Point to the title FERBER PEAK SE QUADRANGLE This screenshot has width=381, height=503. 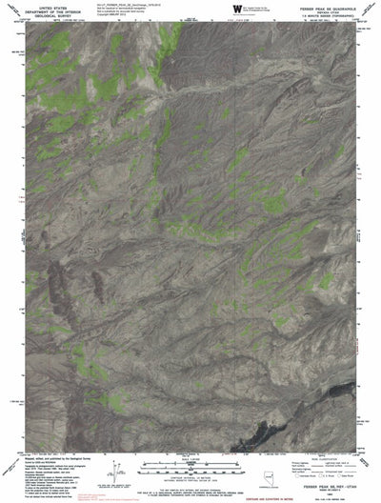pyautogui.click(x=321, y=7)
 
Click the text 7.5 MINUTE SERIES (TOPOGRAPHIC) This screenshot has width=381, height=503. pyautogui.click(x=321, y=16)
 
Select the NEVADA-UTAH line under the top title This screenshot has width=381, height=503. pyautogui.click(x=321, y=11)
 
